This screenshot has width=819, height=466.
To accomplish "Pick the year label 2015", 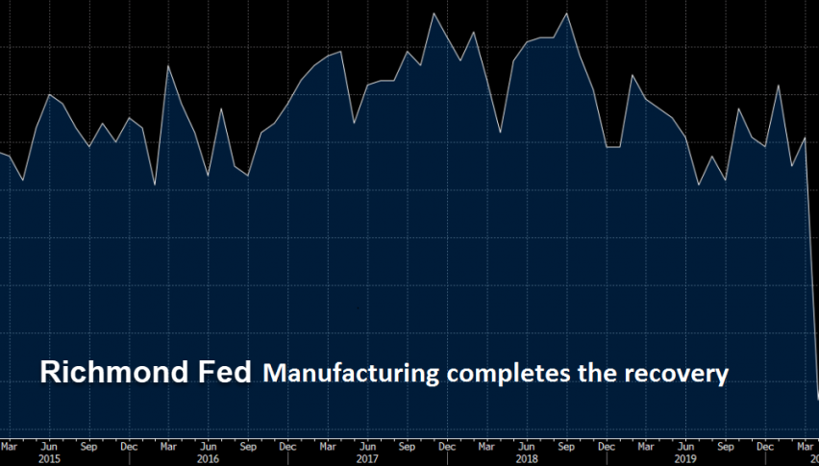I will (48, 459).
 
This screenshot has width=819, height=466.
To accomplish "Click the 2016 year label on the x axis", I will (208, 459).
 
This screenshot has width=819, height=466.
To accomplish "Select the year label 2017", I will (365, 459).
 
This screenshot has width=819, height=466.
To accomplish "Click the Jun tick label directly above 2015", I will (48, 446).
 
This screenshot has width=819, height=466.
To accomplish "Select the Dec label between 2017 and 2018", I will (446, 446).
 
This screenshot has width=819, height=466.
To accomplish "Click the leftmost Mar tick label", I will (9, 446).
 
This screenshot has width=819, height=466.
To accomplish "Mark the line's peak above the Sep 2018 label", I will (566, 13).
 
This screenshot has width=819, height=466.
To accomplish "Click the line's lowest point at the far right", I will (817, 398).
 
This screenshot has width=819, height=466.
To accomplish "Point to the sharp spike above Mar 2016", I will (168, 65).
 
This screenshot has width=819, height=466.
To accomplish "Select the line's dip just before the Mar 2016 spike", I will (155, 184).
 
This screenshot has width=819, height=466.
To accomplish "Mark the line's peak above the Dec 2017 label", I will (434, 12).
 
